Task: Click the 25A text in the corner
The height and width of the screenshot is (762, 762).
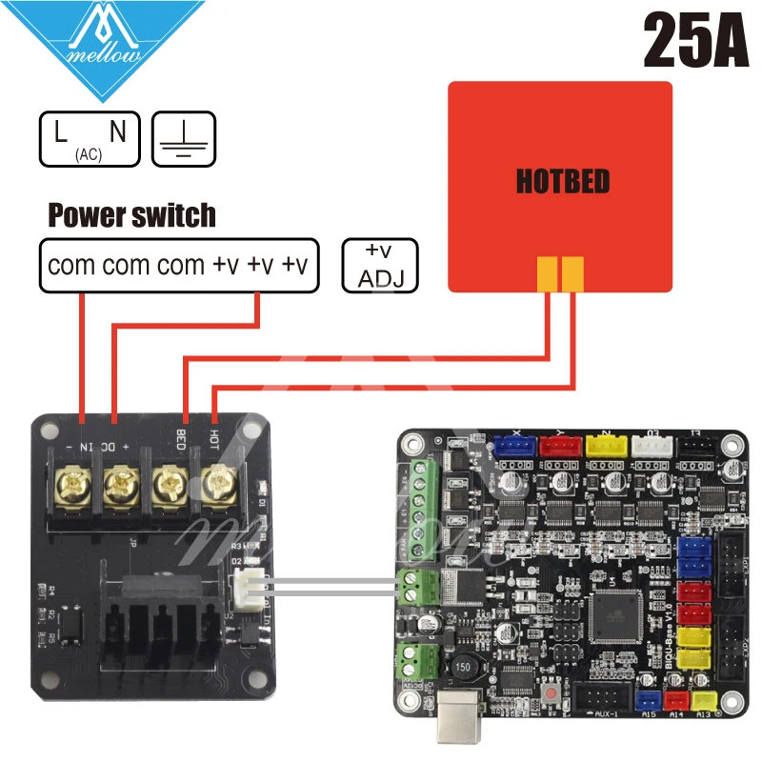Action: pos(695,40)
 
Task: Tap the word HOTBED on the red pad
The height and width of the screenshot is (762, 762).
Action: pos(562,181)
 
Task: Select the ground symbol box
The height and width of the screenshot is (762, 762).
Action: pos(185,138)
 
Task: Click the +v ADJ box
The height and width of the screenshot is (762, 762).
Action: pos(380,265)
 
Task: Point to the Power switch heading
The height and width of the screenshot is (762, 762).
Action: pos(131,215)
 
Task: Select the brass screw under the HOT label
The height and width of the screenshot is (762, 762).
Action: pos(220,484)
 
